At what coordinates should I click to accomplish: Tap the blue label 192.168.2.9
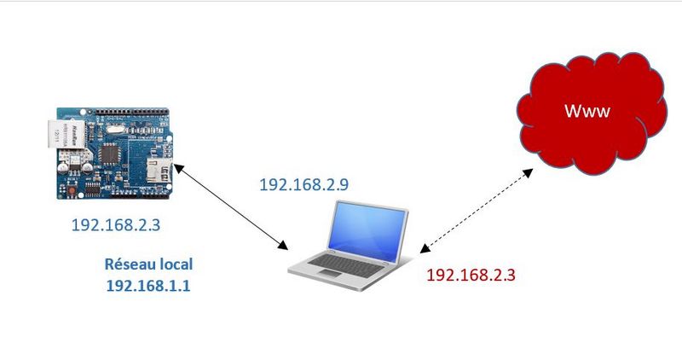point(304,184)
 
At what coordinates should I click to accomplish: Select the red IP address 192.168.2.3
point(471,276)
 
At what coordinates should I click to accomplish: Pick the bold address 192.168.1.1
point(148,286)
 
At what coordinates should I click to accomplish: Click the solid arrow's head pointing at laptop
point(285,247)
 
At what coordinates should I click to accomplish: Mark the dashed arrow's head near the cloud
point(529,171)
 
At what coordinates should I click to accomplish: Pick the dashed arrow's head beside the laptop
point(423,249)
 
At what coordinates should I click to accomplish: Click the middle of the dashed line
point(477,210)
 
